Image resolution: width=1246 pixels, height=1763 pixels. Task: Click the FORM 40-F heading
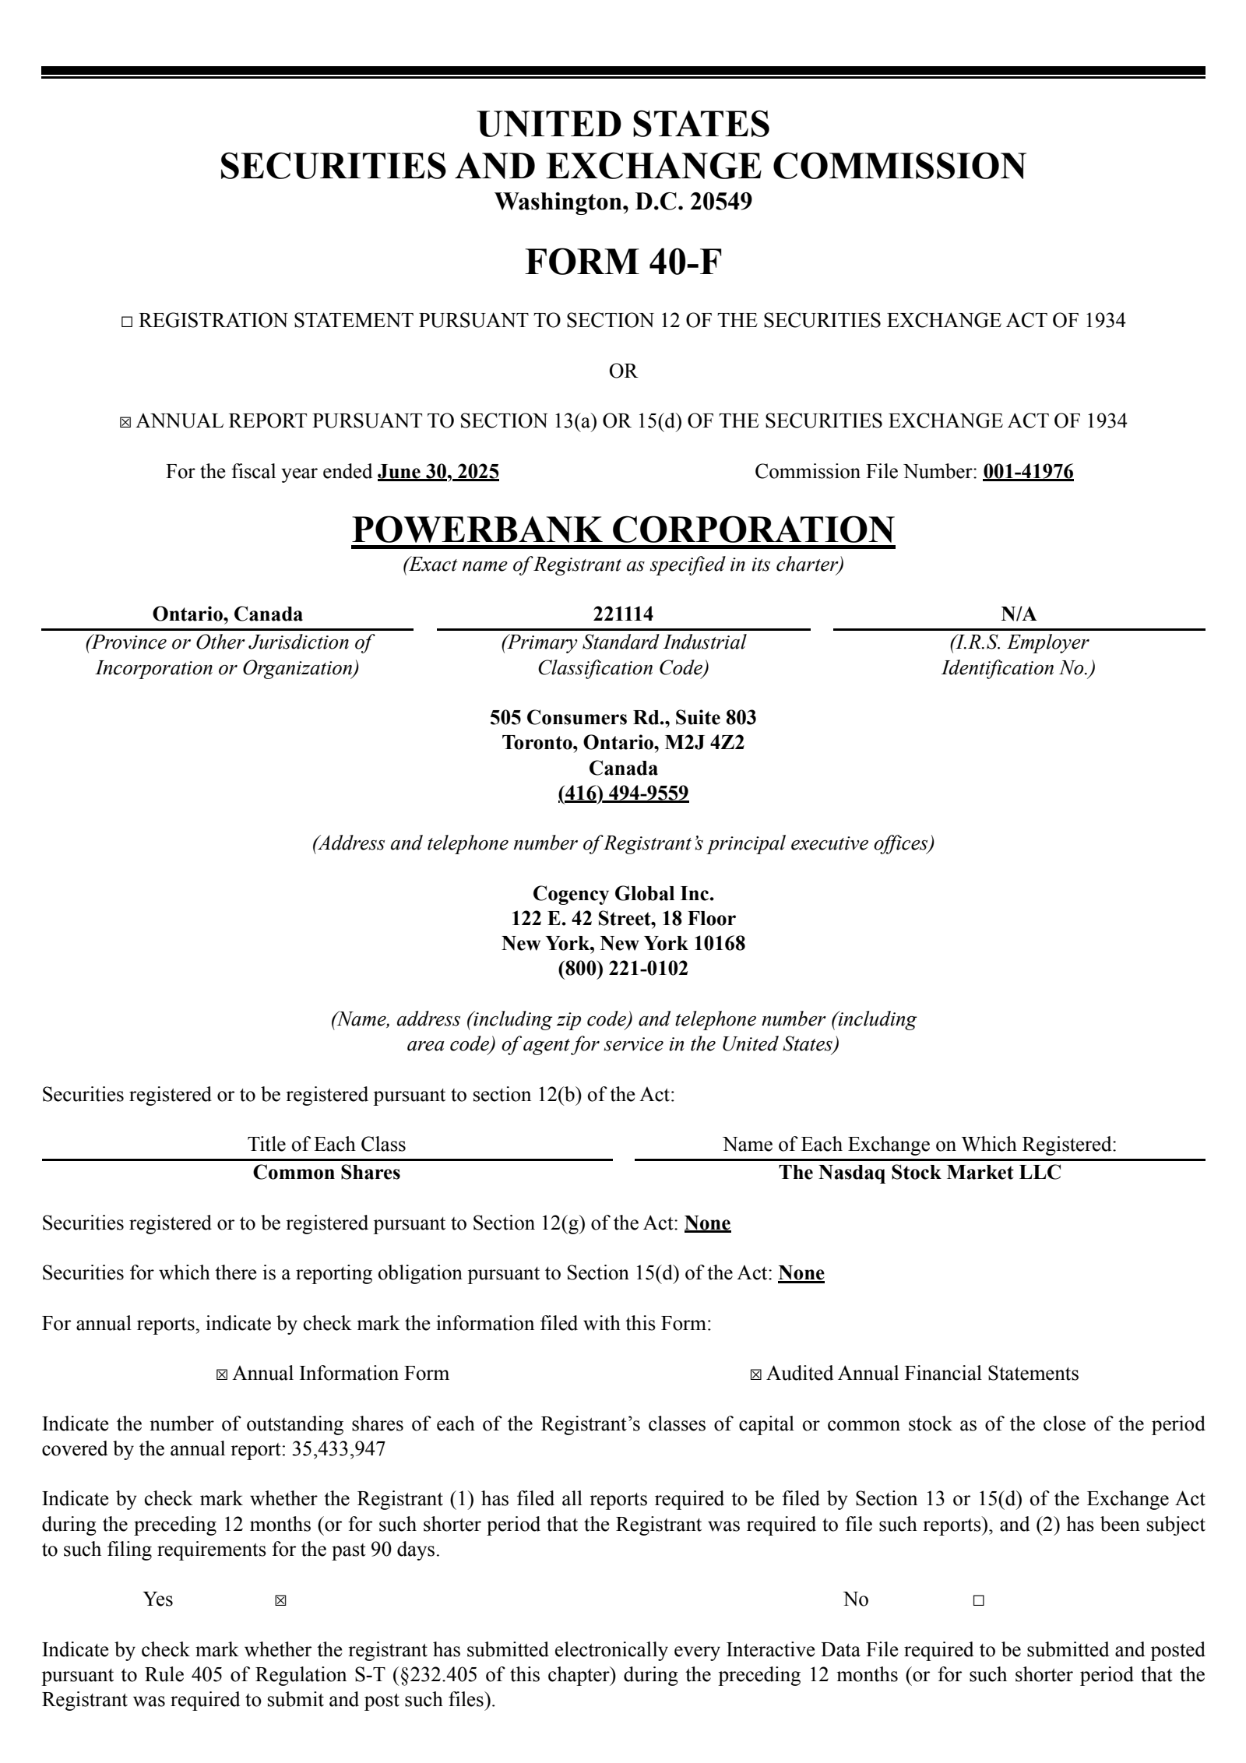point(623,262)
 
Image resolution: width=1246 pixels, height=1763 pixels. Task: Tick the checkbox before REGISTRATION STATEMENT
point(128,322)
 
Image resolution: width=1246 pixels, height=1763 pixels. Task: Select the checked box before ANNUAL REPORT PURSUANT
point(125,423)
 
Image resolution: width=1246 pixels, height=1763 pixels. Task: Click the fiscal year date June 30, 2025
point(438,472)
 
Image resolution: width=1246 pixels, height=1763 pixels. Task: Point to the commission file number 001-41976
point(1028,472)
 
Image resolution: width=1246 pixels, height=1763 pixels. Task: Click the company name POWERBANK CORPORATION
point(623,530)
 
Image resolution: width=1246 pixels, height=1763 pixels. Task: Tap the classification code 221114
point(623,614)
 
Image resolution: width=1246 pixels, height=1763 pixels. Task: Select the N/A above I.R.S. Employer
point(1019,614)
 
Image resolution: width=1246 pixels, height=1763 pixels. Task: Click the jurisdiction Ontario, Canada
point(227,614)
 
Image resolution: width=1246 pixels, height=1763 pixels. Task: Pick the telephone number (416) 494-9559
point(623,794)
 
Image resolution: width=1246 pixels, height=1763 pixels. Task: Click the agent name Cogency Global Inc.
point(623,893)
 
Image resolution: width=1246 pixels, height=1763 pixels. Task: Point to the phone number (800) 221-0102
point(623,969)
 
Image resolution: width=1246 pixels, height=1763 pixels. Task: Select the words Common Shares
point(326,1173)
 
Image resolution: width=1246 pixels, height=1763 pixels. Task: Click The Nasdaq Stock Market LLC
point(920,1173)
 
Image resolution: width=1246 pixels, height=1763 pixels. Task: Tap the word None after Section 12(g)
point(707,1223)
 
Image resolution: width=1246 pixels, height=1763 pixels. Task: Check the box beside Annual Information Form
point(222,1374)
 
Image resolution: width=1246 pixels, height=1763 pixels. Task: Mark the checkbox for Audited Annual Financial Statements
point(755,1374)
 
